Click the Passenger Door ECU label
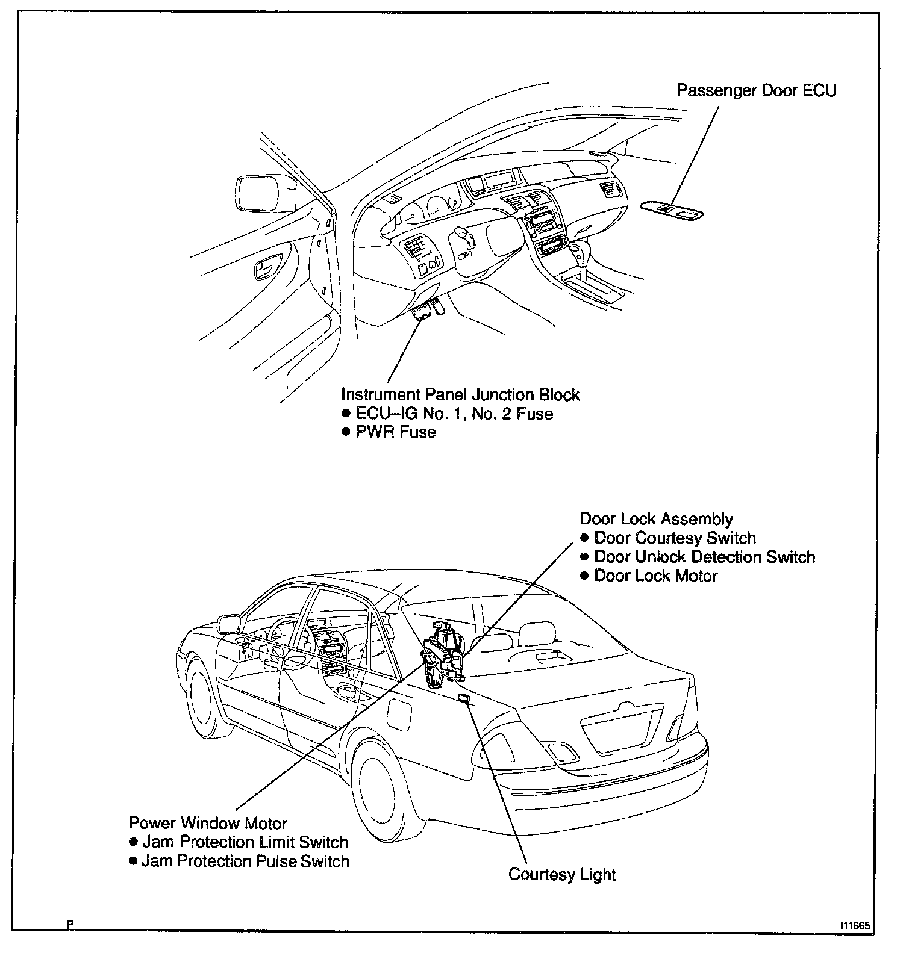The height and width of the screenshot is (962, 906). pyautogui.click(x=756, y=90)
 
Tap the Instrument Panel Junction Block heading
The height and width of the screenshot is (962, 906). pyautogui.click(x=460, y=395)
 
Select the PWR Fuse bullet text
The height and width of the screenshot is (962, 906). pyautogui.click(x=395, y=432)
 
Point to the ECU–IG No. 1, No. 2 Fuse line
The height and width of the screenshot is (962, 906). pyautogui.click(x=454, y=414)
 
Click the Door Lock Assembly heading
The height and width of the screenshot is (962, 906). pyautogui.click(x=656, y=519)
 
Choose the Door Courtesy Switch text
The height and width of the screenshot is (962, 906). pyautogui.click(x=675, y=538)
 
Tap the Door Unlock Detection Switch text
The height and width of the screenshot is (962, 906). pyautogui.click(x=704, y=557)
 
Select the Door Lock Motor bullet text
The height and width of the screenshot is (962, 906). pyautogui.click(x=655, y=576)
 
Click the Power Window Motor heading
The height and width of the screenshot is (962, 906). pyautogui.click(x=208, y=823)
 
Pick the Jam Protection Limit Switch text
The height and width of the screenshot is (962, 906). pyautogui.click(x=245, y=842)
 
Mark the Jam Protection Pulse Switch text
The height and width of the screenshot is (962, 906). pyautogui.click(x=245, y=861)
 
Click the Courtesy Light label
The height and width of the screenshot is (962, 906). pyautogui.click(x=562, y=874)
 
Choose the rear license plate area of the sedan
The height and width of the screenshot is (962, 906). pyautogui.click(x=620, y=728)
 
